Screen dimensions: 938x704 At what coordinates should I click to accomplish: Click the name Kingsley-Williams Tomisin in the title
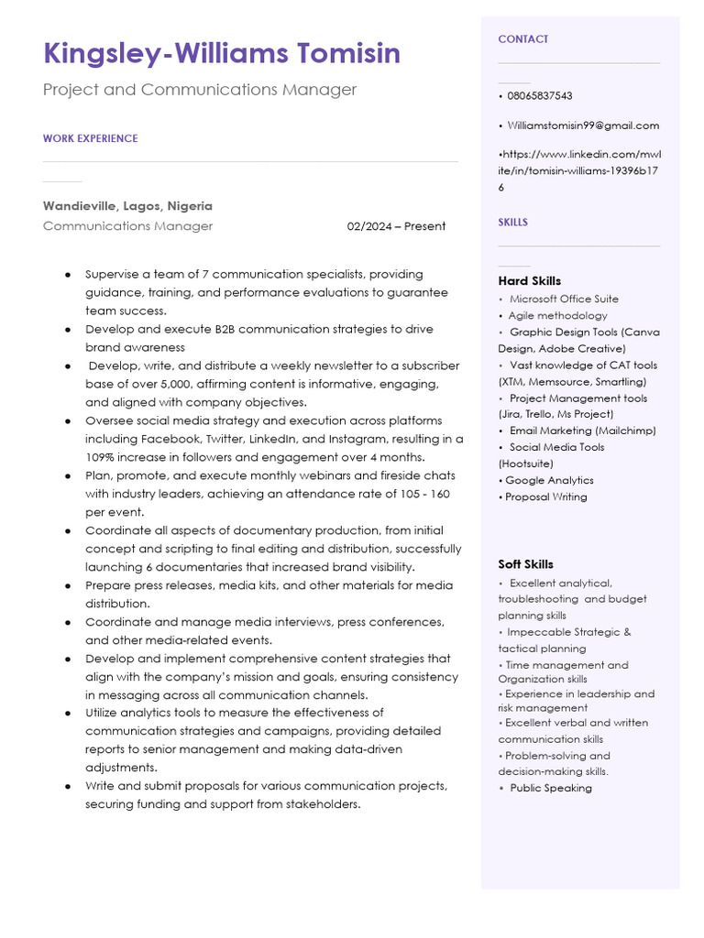click(x=222, y=53)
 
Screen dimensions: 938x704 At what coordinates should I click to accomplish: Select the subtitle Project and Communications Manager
click(x=200, y=90)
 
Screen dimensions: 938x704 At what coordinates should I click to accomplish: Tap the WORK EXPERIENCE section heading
click(x=90, y=138)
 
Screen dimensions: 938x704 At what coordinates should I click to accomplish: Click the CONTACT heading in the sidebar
click(x=523, y=39)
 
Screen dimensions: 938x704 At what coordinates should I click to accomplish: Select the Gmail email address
click(x=583, y=125)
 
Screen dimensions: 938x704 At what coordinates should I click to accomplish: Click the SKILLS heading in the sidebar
click(x=512, y=223)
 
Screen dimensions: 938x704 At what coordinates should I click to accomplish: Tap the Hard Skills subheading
click(x=529, y=281)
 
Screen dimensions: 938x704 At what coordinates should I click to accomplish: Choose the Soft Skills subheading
click(x=525, y=564)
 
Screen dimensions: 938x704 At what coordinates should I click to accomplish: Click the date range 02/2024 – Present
click(x=396, y=226)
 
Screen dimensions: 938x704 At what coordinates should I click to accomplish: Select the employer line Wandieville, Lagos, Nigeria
click(x=127, y=206)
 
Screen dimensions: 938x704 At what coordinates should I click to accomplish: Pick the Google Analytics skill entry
click(x=549, y=480)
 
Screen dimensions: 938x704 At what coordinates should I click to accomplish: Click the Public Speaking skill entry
click(x=551, y=788)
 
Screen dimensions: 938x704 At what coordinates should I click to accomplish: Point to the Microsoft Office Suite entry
click(x=564, y=299)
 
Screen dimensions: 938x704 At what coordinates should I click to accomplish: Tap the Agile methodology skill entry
click(x=558, y=315)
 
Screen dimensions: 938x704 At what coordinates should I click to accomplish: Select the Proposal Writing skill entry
click(x=546, y=496)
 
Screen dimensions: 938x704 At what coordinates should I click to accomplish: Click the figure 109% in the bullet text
click(x=101, y=457)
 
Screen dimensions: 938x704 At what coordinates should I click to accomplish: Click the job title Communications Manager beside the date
click(x=127, y=226)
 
